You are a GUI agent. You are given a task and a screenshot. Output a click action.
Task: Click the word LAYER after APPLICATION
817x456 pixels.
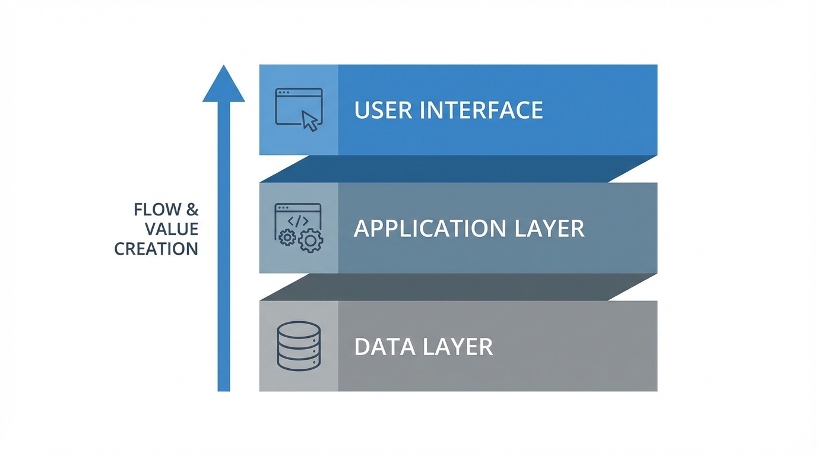[551, 229]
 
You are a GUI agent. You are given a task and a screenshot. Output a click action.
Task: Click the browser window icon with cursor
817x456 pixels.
[299, 109]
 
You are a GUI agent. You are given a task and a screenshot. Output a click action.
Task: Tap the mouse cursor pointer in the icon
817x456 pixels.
[310, 121]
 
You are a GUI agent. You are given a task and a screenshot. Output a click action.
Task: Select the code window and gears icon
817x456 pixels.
[299, 228]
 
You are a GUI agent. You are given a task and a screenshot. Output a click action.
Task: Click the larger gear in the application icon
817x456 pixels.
[310, 240]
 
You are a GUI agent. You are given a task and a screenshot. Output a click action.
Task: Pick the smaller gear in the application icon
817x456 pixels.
[287, 238]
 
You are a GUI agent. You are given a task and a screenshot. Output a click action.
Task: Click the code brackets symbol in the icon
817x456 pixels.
[298, 221]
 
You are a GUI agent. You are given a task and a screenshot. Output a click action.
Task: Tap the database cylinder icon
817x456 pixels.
[299, 346]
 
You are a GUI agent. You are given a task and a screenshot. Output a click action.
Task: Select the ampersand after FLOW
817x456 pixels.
[192, 210]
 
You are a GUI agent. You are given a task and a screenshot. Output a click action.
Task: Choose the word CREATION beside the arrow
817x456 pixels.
[156, 249]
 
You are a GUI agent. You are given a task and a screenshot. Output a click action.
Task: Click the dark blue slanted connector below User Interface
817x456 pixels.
[458, 169]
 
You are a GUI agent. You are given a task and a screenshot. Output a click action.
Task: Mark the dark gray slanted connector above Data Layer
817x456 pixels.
[458, 287]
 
